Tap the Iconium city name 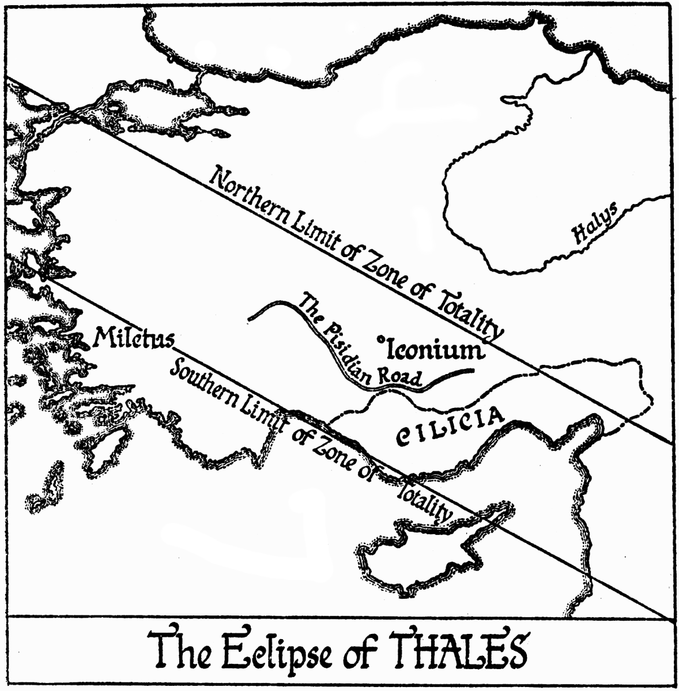coord(433,349)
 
